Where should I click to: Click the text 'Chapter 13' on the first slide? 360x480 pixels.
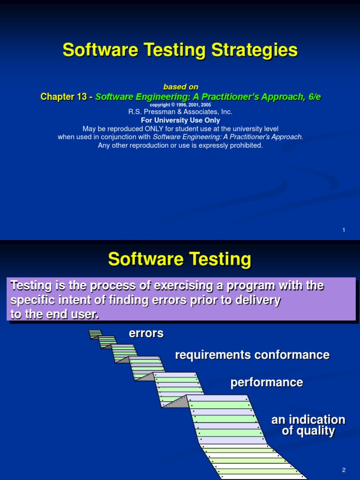[x=63, y=97]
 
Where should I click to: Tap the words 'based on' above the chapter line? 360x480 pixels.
[x=180, y=87]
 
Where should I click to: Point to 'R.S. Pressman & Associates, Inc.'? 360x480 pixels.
[x=180, y=112]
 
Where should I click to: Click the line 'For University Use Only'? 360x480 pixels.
[x=180, y=120]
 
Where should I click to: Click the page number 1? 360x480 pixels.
[x=344, y=230]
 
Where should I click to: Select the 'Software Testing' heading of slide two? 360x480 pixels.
[x=180, y=259]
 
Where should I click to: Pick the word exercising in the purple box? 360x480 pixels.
[x=168, y=285]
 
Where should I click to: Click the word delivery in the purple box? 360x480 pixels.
[x=260, y=300]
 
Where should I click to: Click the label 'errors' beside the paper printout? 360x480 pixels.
[x=146, y=333]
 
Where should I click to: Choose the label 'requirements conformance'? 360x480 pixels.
[x=252, y=355]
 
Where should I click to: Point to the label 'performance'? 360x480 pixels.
[x=267, y=382]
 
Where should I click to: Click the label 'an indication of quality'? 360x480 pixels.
[x=308, y=425]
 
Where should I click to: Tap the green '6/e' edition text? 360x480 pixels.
[x=311, y=97]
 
